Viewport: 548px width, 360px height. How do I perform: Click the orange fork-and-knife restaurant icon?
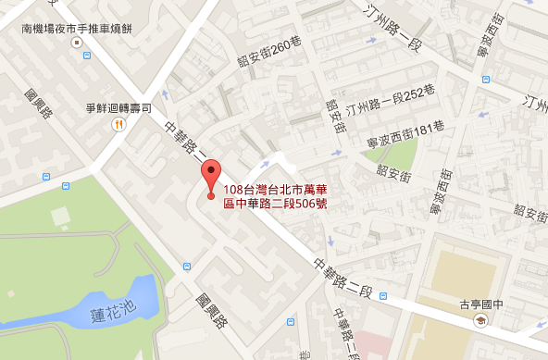[x=118, y=127]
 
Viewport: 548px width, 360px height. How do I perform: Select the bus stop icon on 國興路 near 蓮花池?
[x=188, y=267]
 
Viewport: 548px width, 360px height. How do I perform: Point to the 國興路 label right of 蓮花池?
[x=212, y=311]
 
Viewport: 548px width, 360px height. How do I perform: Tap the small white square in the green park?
[x=62, y=217]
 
